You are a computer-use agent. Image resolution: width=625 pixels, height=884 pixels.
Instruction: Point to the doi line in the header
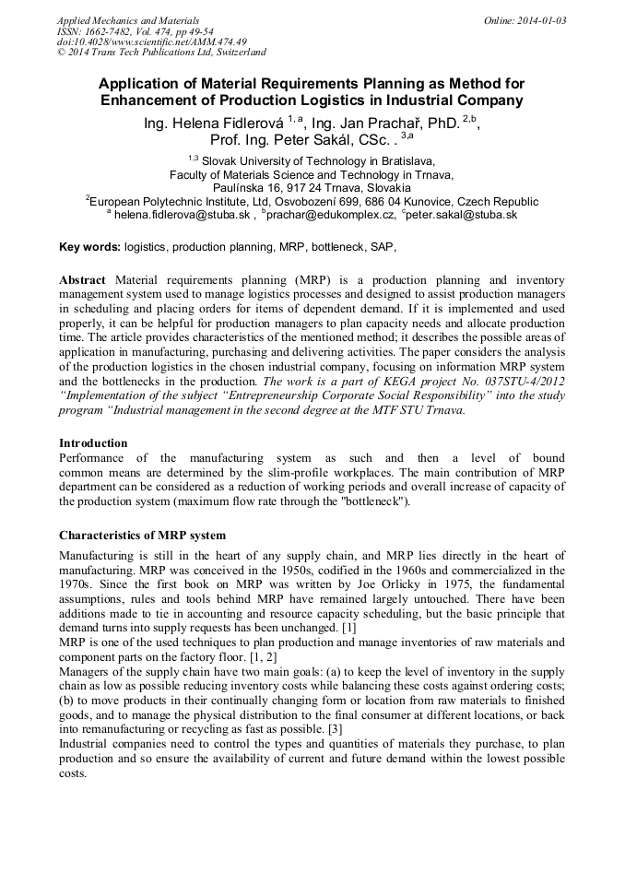coord(151,41)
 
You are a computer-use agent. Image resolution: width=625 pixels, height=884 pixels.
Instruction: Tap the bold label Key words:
coord(89,247)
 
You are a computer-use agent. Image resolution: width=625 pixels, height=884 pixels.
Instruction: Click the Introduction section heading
coord(93,442)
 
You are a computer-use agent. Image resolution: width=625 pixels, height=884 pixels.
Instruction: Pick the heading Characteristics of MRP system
coord(142,535)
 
